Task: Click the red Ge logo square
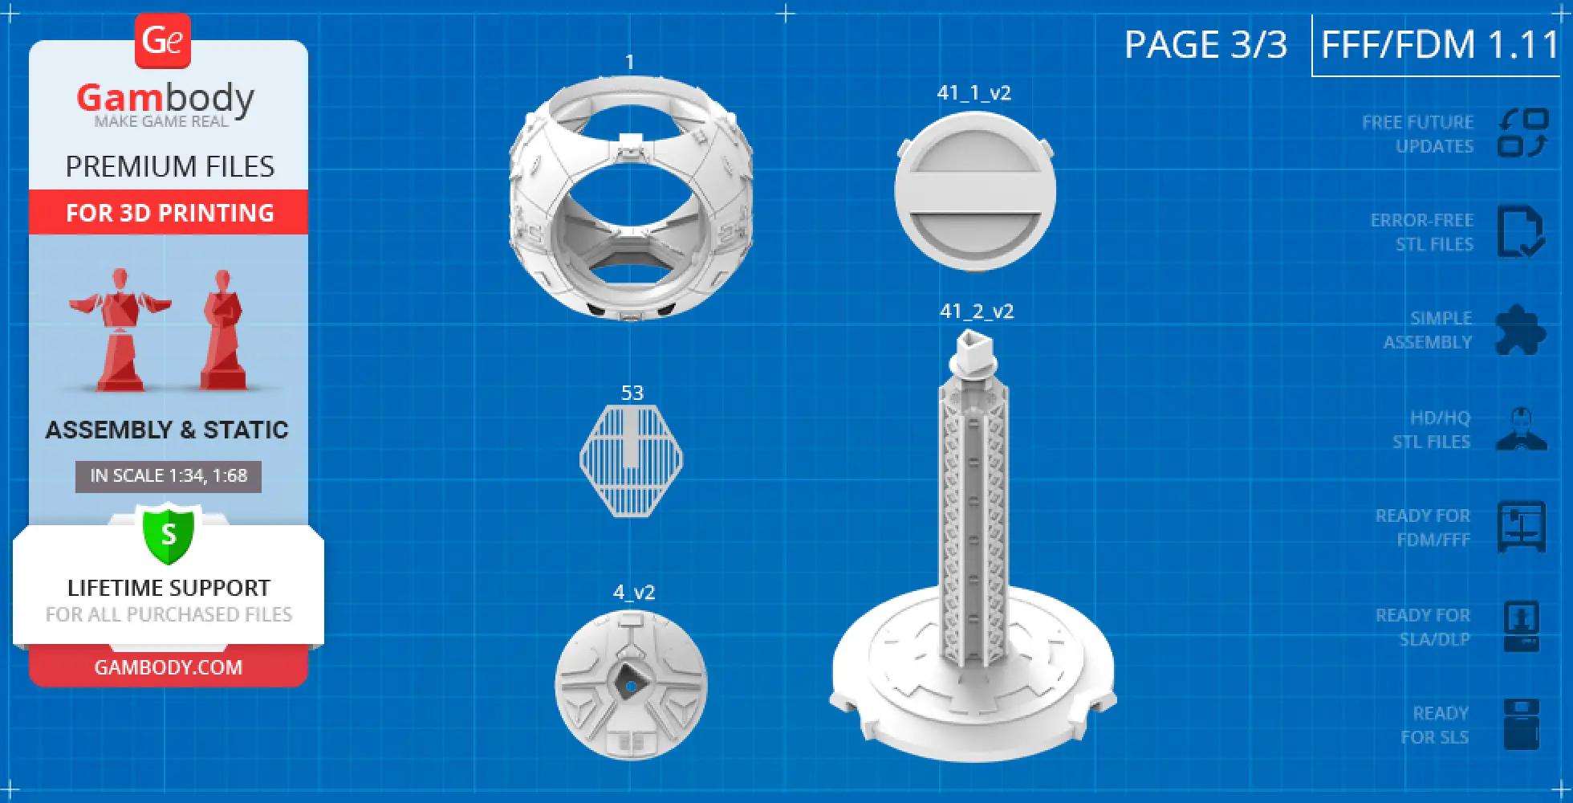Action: pos(163,40)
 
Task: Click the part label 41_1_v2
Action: pos(973,93)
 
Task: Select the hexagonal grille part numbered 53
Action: pos(632,460)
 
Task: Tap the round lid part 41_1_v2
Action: pos(974,192)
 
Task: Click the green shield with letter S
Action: pos(169,534)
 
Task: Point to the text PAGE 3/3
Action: pos(1205,45)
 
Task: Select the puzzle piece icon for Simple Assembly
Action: pos(1519,330)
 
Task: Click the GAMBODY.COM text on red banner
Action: pos(169,667)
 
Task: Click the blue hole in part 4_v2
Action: pos(631,687)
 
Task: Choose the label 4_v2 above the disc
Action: pos(634,593)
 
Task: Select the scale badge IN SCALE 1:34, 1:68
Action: pos(169,475)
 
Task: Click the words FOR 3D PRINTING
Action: pos(169,213)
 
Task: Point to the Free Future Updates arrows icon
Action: pos(1522,133)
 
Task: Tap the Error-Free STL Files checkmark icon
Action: pos(1520,231)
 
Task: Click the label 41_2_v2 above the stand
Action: pos(977,312)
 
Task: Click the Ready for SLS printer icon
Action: pos(1521,724)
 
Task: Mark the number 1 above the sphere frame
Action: pos(630,63)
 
